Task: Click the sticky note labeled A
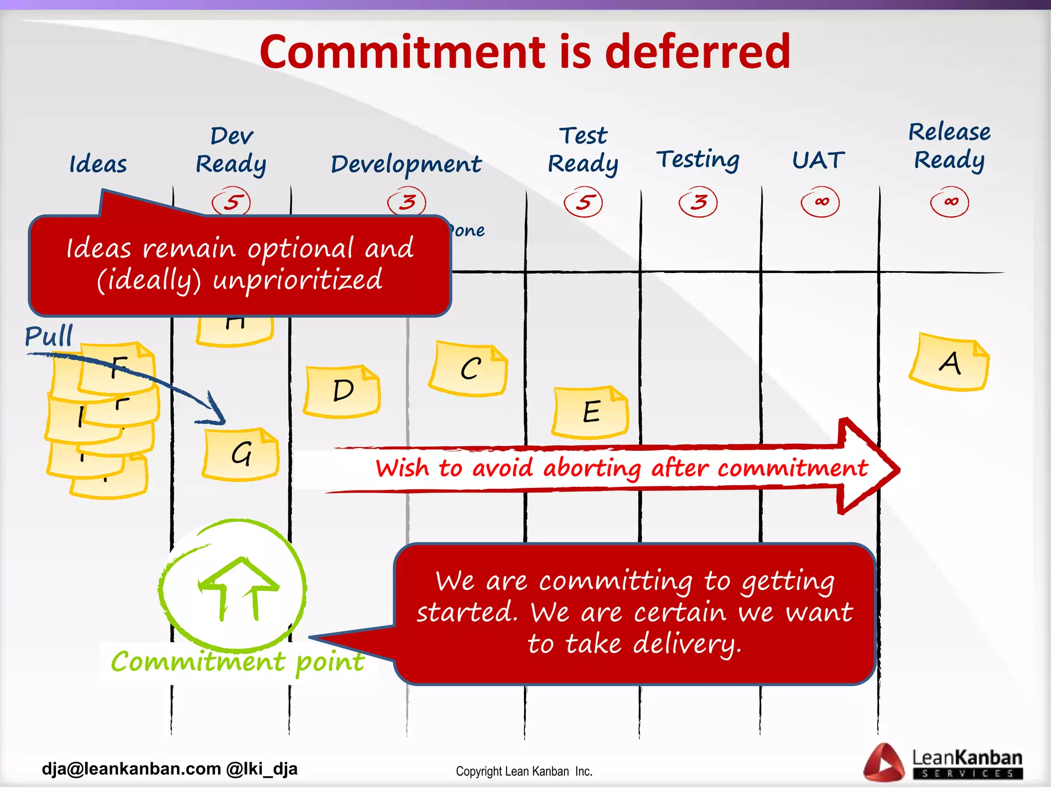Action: tap(949, 362)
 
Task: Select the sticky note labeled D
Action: tap(342, 391)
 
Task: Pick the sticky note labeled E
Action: tap(591, 412)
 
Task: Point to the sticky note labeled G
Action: tap(241, 454)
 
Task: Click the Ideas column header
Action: tap(98, 164)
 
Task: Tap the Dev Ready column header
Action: tap(231, 150)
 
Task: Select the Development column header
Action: tap(406, 164)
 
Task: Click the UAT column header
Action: tap(818, 160)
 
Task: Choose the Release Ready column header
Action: tap(949, 146)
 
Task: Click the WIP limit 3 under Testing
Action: tap(698, 202)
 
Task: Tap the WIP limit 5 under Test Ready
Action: tap(583, 202)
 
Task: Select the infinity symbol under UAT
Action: tap(820, 202)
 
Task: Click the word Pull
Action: tap(49, 336)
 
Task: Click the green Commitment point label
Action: tap(238, 661)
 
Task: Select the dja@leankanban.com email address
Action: tap(131, 769)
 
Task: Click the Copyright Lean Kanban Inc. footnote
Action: tap(524, 771)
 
